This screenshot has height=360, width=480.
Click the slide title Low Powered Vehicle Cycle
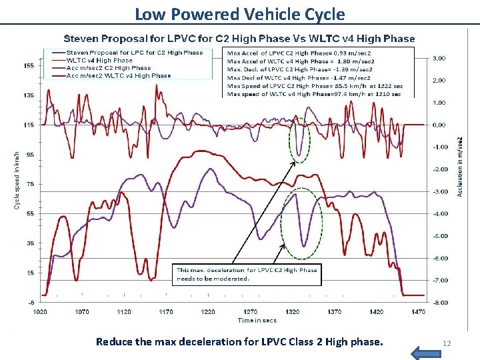click(240, 13)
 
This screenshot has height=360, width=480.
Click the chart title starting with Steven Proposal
click(239, 39)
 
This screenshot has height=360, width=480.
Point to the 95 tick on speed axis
click(29, 155)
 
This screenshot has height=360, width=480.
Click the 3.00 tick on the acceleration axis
click(440, 59)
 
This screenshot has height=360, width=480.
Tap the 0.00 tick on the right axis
click(440, 125)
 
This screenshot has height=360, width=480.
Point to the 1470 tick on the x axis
click(419, 311)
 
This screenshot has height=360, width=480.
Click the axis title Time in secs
click(257, 321)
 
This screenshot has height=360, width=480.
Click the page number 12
click(447, 343)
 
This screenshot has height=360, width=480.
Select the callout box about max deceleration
click(247, 274)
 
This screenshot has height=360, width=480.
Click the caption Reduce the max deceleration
click(240, 342)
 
